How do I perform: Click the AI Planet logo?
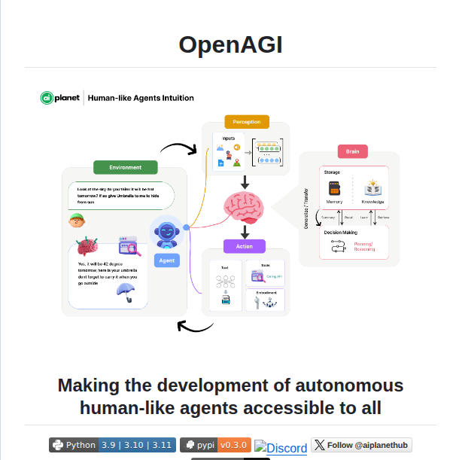pyautogui.click(x=62, y=98)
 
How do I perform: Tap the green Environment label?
pyautogui.click(x=125, y=167)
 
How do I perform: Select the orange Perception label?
pyautogui.click(x=246, y=121)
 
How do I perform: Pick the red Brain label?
pyautogui.click(x=351, y=151)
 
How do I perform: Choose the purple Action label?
pyautogui.click(x=244, y=245)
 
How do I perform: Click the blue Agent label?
pyautogui.click(x=166, y=260)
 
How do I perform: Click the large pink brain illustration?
pyautogui.click(x=245, y=206)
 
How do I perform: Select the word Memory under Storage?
pyautogui.click(x=335, y=202)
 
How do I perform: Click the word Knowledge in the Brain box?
pyautogui.click(x=372, y=202)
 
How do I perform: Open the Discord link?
pyautogui.click(x=281, y=448)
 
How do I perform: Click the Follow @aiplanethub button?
pyautogui.click(x=361, y=445)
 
